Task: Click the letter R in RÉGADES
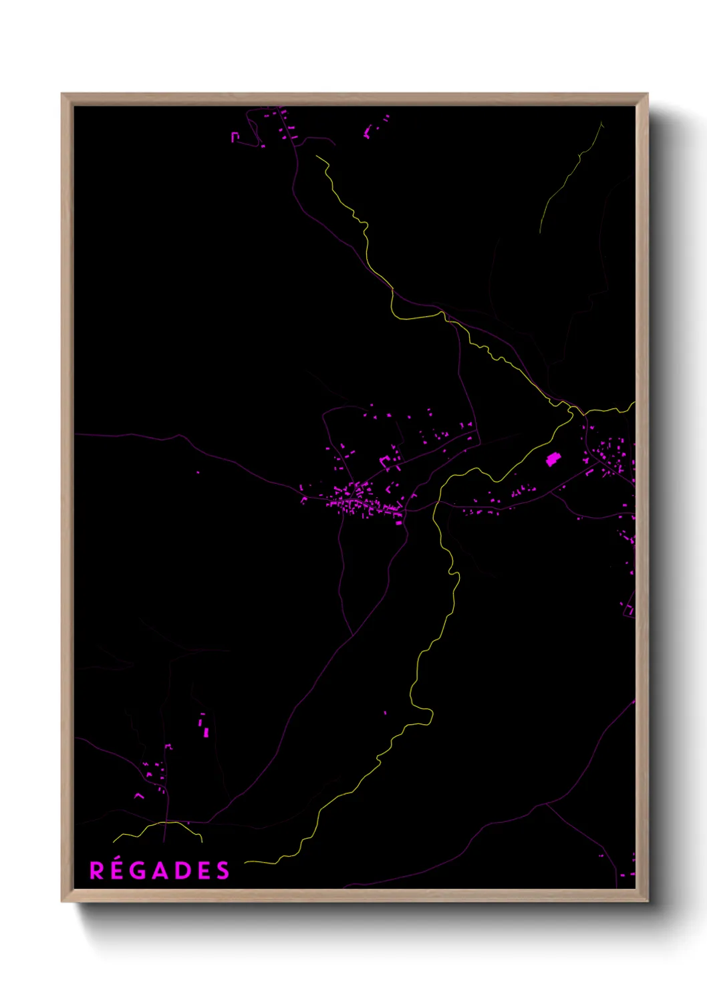click(x=98, y=871)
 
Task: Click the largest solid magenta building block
click(x=553, y=459)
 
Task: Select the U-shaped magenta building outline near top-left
click(x=235, y=137)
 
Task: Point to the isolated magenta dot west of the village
click(x=198, y=472)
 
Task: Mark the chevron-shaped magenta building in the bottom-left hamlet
click(x=139, y=795)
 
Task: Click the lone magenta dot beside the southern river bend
click(x=385, y=713)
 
